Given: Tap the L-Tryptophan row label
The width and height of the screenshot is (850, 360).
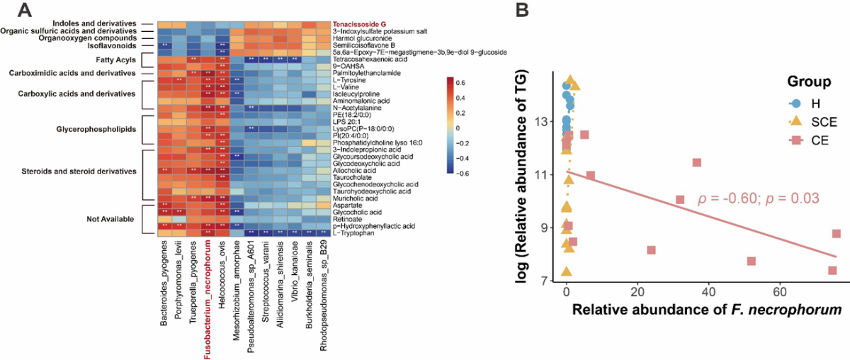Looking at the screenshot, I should click(x=355, y=233).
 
